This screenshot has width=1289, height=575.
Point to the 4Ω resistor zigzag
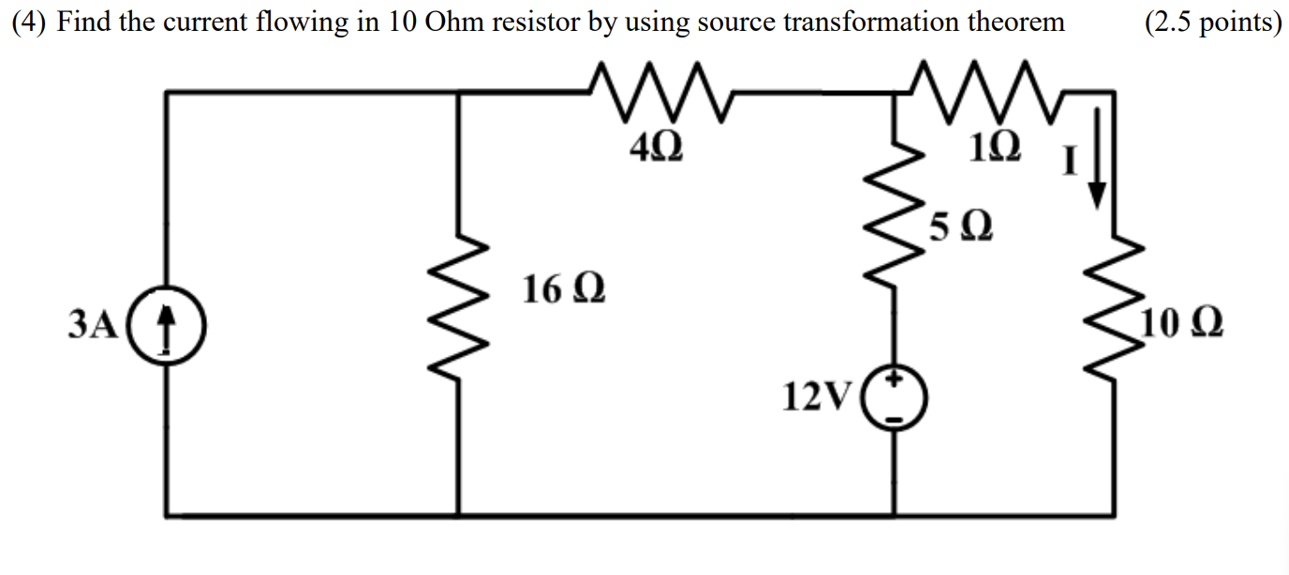pos(660,92)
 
